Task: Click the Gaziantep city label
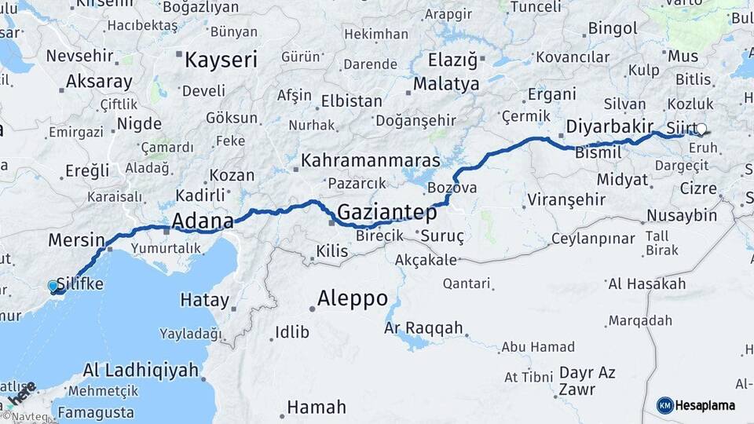click(387, 212)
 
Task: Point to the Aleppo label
click(353, 298)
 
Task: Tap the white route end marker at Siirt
click(701, 130)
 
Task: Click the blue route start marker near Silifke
click(53, 287)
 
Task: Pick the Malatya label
click(446, 83)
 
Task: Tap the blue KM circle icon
click(665, 405)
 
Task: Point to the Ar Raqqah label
click(424, 328)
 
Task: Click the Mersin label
click(76, 239)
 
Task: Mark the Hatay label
click(204, 300)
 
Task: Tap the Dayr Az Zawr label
click(587, 381)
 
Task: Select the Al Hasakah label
click(646, 283)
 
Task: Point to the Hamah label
click(316, 408)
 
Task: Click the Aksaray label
click(99, 82)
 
